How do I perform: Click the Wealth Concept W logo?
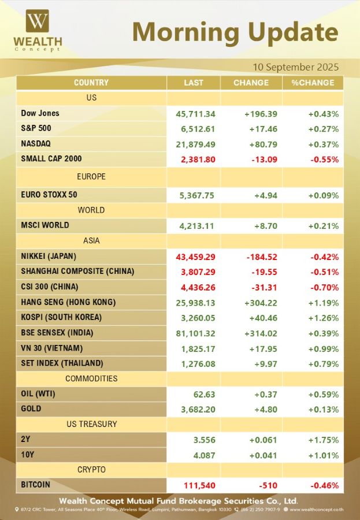click(38, 23)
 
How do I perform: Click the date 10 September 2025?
click(295, 66)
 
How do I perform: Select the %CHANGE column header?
click(312, 83)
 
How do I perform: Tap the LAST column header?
click(194, 83)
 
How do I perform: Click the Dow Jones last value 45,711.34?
click(195, 114)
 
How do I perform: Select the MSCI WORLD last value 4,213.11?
click(195, 225)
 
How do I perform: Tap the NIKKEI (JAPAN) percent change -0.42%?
click(323, 256)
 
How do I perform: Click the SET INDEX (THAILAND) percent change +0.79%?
click(323, 363)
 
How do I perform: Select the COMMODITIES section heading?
click(91, 378)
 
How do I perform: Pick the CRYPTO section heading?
click(91, 470)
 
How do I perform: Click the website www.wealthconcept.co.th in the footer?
click(317, 509)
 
